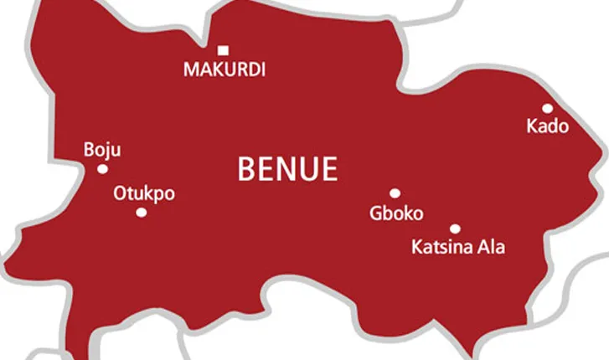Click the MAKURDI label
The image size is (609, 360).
(225, 70)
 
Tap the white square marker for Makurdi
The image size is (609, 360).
(223, 50)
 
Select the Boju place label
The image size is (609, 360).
(102, 150)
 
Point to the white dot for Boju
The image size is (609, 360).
(102, 169)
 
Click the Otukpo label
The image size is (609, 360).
(143, 193)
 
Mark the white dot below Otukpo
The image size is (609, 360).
(141, 213)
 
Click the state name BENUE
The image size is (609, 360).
(287, 170)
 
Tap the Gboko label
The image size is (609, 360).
(396, 213)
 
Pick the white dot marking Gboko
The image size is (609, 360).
(395, 193)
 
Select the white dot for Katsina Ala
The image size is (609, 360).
(455, 229)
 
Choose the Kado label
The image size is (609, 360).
(547, 127)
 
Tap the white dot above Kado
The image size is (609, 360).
(547, 108)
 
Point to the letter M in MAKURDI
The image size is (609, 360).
(191, 70)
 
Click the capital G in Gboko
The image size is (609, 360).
(376, 213)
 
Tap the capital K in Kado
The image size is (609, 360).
(532, 127)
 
